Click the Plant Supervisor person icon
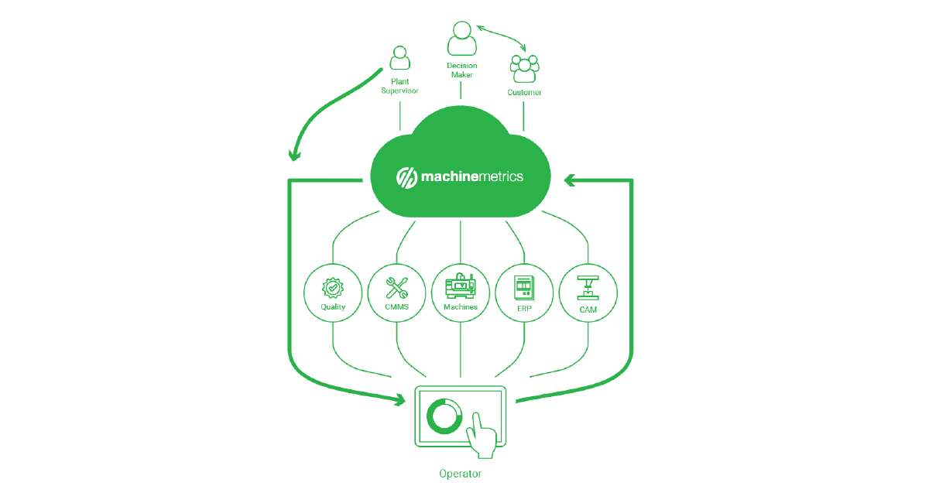(399, 58)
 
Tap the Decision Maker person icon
(461, 39)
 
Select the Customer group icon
(524, 69)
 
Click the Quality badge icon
(333, 288)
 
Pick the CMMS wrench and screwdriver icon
(396, 288)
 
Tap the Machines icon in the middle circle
(461, 286)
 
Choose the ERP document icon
(524, 288)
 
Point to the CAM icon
(588, 288)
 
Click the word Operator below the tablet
(461, 474)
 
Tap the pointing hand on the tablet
(481, 437)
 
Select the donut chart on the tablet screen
(444, 416)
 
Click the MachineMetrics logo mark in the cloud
(406, 178)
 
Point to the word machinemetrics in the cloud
(472, 176)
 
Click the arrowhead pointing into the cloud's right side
(569, 180)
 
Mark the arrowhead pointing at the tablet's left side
(400, 400)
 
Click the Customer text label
(524, 92)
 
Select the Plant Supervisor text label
(399, 86)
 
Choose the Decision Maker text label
(462, 70)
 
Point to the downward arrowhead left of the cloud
(294, 156)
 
